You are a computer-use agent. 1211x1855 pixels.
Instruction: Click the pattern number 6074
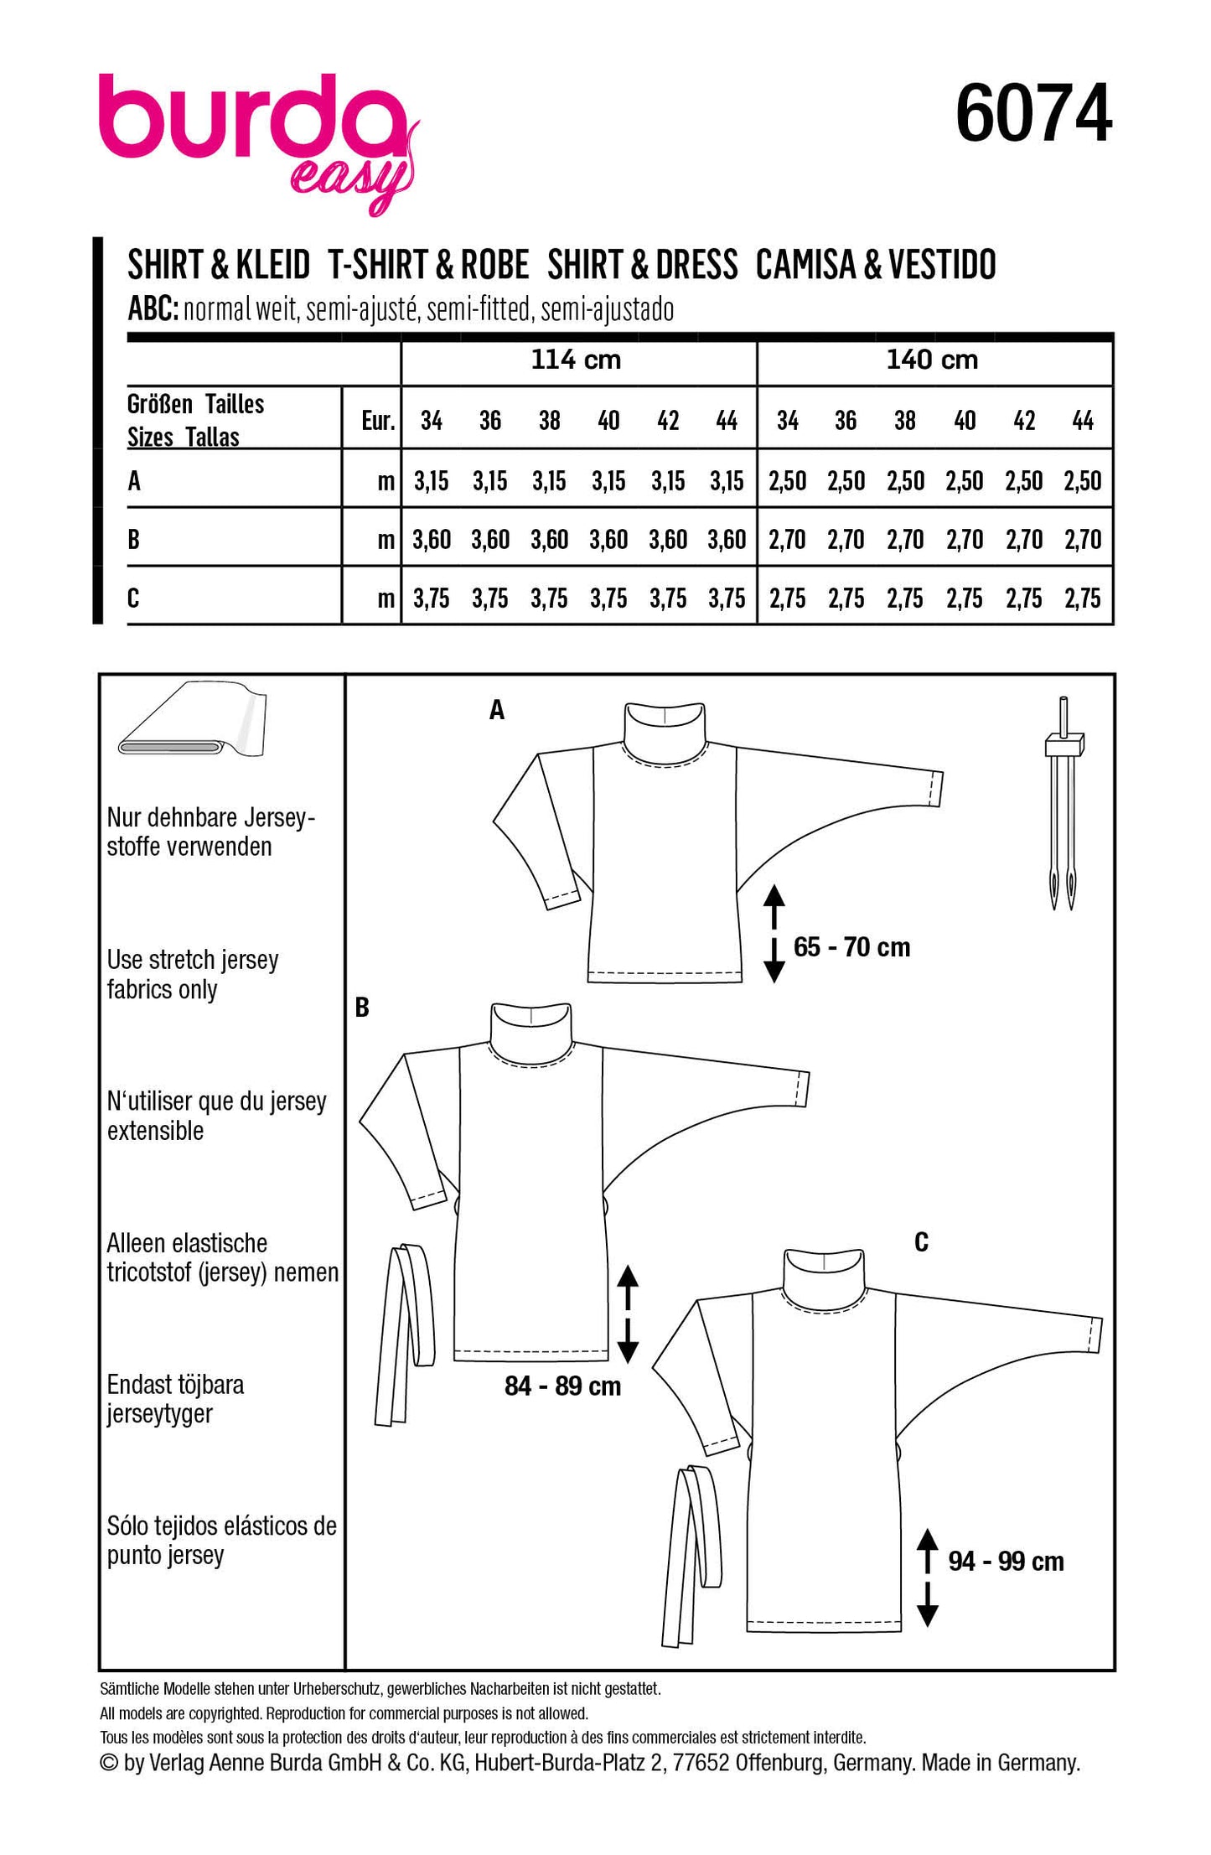(1032, 113)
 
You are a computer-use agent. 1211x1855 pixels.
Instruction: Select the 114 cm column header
(576, 360)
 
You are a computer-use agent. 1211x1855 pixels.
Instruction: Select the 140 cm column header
(932, 360)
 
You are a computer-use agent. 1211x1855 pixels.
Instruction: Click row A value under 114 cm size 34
(431, 481)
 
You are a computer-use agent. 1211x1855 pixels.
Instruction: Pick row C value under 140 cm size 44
(1083, 598)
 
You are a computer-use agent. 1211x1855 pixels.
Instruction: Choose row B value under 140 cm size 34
(787, 540)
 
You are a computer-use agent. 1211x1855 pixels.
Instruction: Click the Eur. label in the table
(378, 421)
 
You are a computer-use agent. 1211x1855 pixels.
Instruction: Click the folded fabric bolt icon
(192, 722)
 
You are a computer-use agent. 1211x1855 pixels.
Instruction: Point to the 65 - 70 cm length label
(851, 947)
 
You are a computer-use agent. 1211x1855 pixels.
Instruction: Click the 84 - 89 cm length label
(562, 1386)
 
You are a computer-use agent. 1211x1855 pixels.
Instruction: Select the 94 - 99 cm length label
(1006, 1562)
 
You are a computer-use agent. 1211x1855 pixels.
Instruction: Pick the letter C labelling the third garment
(921, 1242)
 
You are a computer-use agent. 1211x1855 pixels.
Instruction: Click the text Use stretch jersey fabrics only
(192, 974)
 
